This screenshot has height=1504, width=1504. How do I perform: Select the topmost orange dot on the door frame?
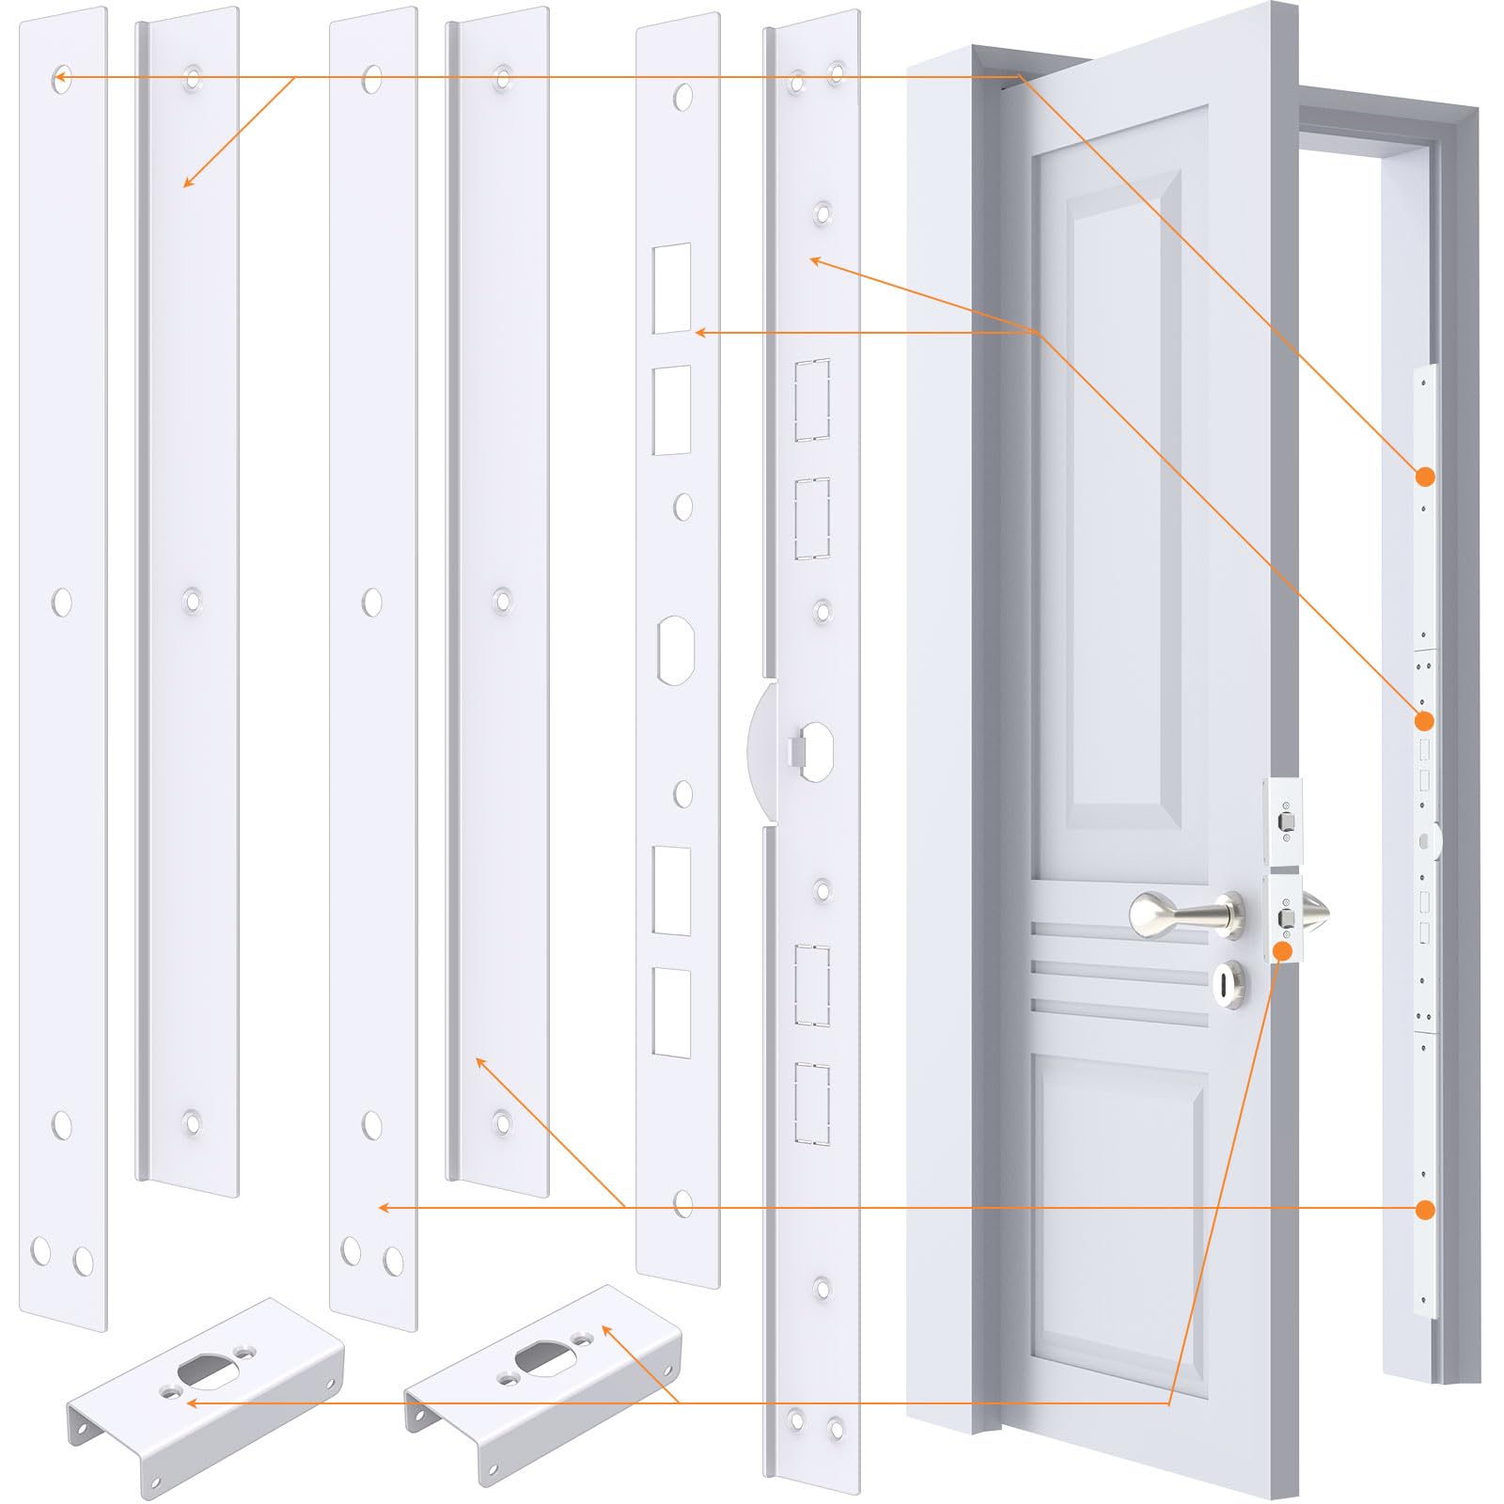click(1425, 477)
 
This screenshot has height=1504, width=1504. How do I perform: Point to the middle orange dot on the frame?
click(1425, 721)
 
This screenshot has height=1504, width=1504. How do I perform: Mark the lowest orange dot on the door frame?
click(1425, 1210)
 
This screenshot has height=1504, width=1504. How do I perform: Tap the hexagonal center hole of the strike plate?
click(676, 650)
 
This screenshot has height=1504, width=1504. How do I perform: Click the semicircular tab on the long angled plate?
click(764, 752)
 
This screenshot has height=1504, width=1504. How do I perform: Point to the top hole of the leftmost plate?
click(62, 76)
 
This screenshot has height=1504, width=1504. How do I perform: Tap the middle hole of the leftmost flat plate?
click(62, 603)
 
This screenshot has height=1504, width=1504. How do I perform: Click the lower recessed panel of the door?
click(1119, 1222)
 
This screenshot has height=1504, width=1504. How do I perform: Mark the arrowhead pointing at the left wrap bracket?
click(191, 1402)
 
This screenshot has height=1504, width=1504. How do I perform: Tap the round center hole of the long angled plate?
click(815, 749)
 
